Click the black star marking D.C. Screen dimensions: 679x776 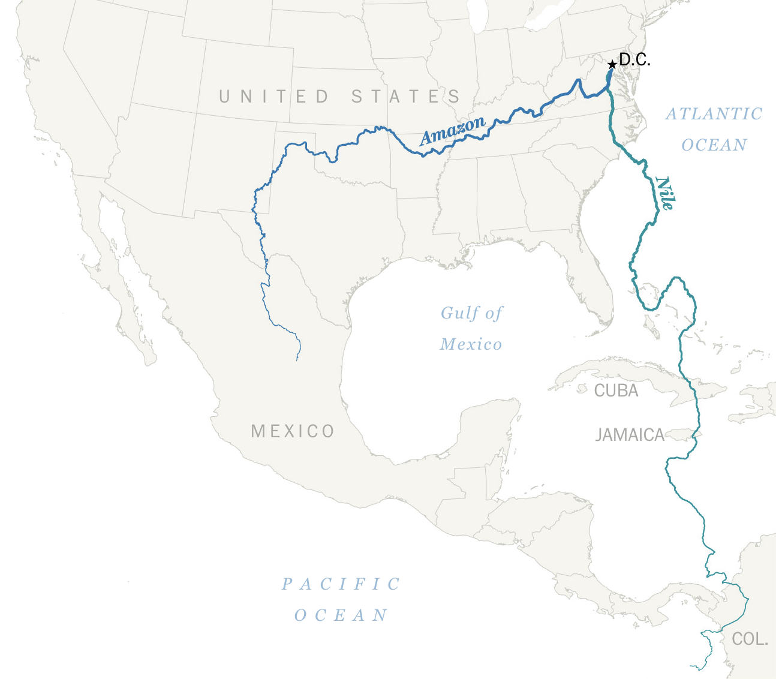pyautogui.click(x=611, y=64)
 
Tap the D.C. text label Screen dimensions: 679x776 pyautogui.click(x=634, y=60)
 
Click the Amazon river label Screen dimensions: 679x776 pyautogui.click(x=452, y=131)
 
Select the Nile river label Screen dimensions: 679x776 pyautogui.click(x=664, y=193)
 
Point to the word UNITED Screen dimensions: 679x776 pyautogui.click(x=274, y=97)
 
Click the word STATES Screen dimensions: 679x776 pyautogui.click(x=406, y=97)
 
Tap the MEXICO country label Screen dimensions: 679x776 pyautogui.click(x=293, y=431)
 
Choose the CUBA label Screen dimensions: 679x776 pyautogui.click(x=616, y=391)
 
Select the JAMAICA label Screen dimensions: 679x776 pyautogui.click(x=630, y=435)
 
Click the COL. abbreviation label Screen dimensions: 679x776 pyautogui.click(x=750, y=639)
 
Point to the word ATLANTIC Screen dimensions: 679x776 pyautogui.click(x=714, y=114)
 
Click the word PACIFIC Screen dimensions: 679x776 pyautogui.click(x=341, y=584)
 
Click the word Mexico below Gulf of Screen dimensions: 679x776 pyautogui.click(x=471, y=344)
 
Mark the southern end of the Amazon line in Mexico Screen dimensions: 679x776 pyautogui.click(x=297, y=360)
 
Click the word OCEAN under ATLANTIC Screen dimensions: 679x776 pyautogui.click(x=714, y=145)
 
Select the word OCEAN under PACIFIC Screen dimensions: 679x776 pyautogui.click(x=341, y=615)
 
